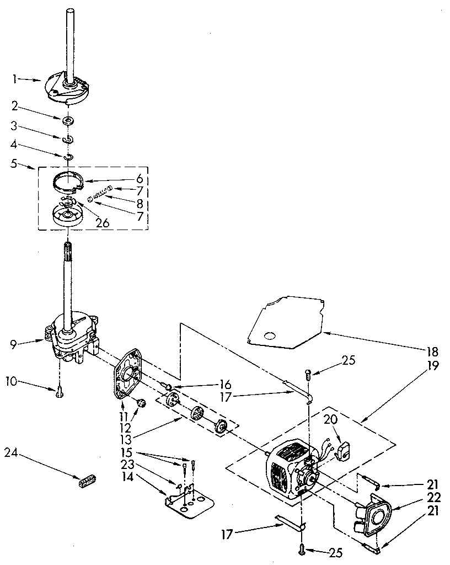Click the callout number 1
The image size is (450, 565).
(x=15, y=79)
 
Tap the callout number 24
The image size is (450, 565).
(x=11, y=453)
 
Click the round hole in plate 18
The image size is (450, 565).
(x=269, y=335)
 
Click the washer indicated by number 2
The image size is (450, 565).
(x=69, y=120)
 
